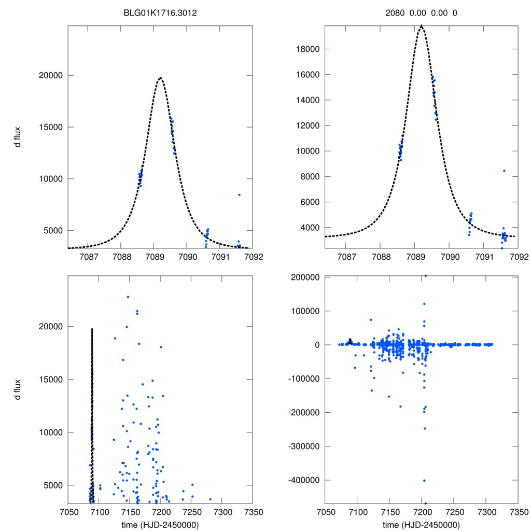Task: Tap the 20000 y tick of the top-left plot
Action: (51, 75)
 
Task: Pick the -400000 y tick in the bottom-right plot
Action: (303, 480)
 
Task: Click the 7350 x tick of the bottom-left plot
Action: (253, 511)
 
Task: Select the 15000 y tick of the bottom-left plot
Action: (51, 380)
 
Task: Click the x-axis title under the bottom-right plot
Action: (421, 524)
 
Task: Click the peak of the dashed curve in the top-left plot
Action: (160, 78)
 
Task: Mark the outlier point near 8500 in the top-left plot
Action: (239, 195)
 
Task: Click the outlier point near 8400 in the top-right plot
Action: (504, 171)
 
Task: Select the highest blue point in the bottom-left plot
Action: (128, 297)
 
